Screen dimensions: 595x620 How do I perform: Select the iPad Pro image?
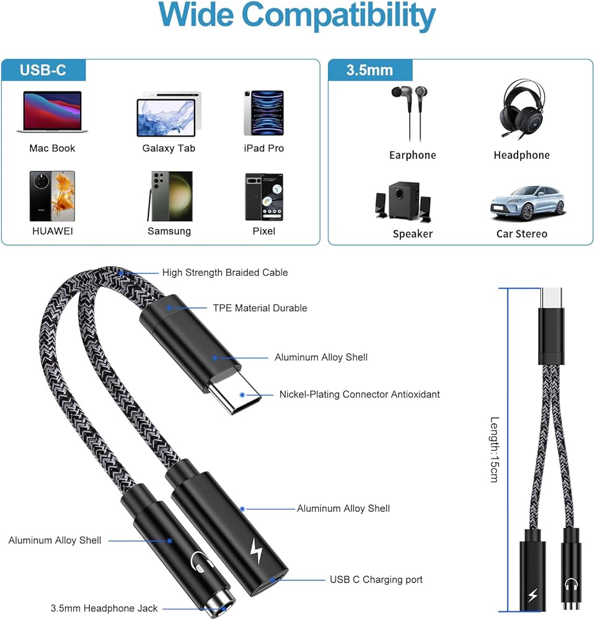tap(263, 113)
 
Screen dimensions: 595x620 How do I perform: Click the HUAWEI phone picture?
tap(52, 196)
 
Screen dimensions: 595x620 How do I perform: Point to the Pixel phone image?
tap(264, 197)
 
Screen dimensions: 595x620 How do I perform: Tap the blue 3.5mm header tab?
tap(369, 69)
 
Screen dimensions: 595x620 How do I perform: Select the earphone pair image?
tap(409, 112)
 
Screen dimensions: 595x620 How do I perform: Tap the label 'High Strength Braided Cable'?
tap(225, 272)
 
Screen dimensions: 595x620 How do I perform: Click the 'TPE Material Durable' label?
tap(260, 308)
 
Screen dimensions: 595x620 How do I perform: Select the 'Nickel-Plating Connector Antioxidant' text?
tap(359, 394)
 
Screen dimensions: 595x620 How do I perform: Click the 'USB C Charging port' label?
tap(376, 579)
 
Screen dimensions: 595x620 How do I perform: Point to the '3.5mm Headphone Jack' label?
tap(104, 608)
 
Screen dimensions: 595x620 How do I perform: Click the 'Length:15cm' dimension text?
tap(495, 449)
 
